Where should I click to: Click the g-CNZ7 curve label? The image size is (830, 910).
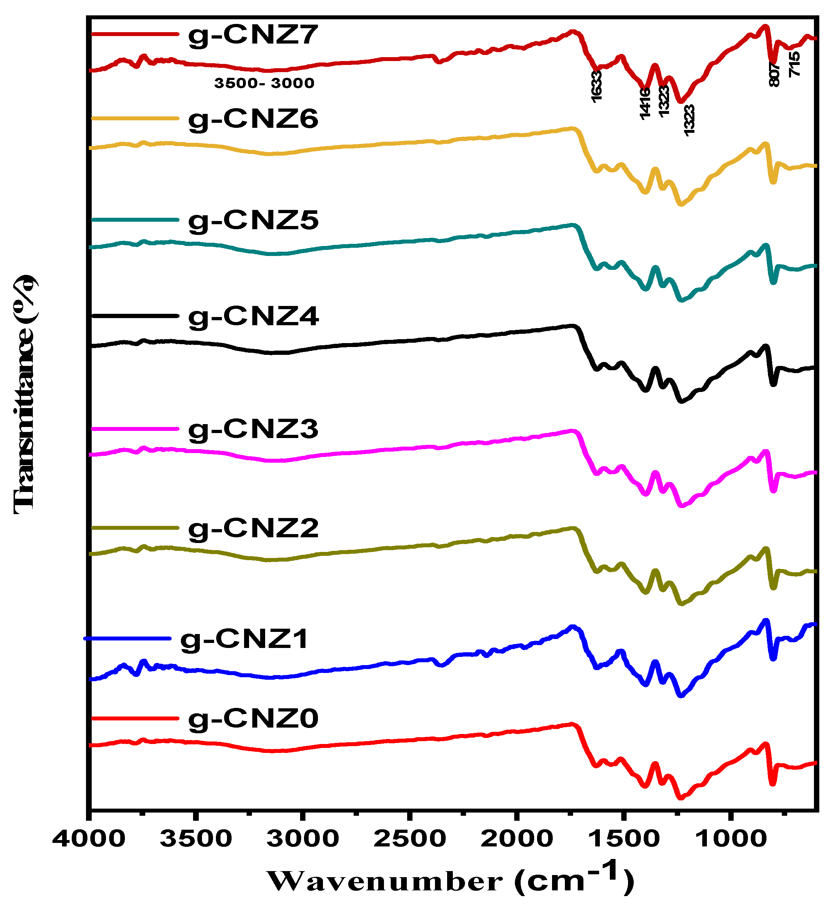tap(253, 35)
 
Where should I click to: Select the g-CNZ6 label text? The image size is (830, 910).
tap(253, 120)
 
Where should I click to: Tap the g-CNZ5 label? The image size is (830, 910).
tap(253, 221)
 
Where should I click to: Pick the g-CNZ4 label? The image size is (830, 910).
tap(253, 316)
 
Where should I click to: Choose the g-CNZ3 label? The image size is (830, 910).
tap(253, 429)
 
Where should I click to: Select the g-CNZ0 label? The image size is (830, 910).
tap(253, 719)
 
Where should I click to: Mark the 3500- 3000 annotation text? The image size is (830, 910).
tap(264, 83)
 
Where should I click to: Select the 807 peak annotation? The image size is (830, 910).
tap(774, 75)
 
